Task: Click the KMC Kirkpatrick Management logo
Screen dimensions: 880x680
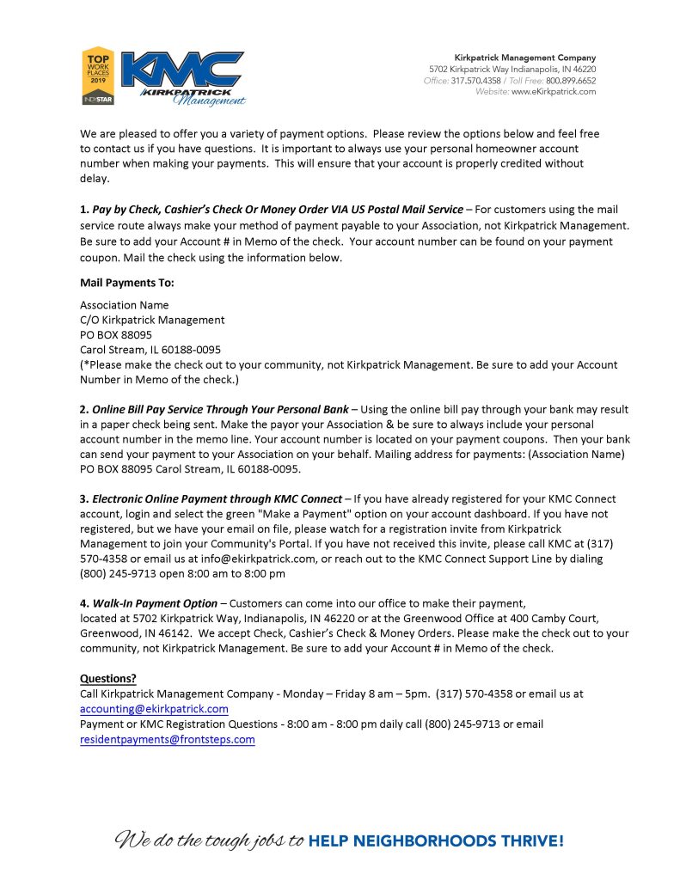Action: pos(182,77)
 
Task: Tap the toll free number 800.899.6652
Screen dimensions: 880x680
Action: pos(572,80)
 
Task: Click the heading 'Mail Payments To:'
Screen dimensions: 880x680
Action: pos(127,282)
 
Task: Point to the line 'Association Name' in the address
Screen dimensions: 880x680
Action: pos(125,305)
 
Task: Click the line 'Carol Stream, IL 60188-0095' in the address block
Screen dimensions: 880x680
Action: pos(150,350)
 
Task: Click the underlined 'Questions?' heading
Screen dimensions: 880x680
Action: pos(108,678)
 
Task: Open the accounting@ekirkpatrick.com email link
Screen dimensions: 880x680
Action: pos(154,709)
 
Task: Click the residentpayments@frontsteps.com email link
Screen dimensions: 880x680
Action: pos(168,739)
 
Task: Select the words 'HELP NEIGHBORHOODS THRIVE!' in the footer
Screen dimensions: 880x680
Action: pos(436,840)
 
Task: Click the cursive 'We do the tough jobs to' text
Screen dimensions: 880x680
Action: pos(210,840)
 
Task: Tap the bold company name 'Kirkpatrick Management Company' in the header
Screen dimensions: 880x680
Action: pos(524,58)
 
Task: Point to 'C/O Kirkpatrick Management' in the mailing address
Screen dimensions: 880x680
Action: pos(152,320)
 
